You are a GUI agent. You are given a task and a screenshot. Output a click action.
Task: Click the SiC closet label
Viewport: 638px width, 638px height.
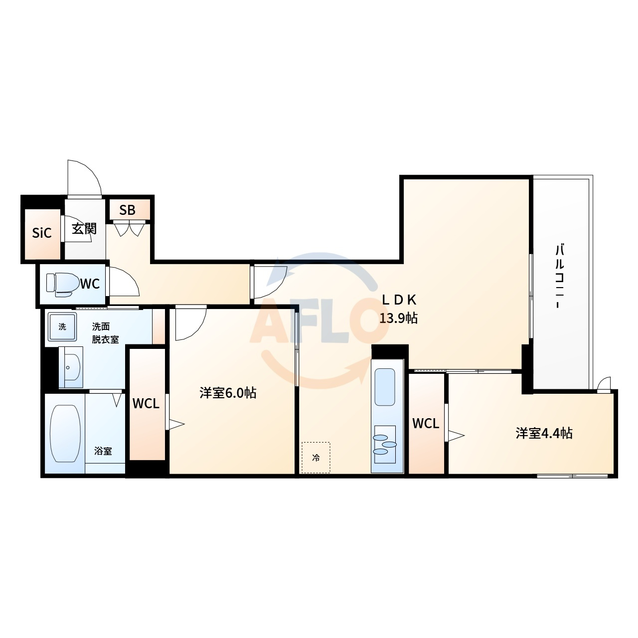point(42,233)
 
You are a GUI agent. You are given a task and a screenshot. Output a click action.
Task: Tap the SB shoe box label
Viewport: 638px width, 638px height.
point(127,210)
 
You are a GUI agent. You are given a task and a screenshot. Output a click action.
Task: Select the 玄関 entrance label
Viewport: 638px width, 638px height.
point(84,228)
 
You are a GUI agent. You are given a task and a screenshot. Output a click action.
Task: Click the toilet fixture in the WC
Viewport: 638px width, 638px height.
point(60,285)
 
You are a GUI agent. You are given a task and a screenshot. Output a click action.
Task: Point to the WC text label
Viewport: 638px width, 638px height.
point(90,284)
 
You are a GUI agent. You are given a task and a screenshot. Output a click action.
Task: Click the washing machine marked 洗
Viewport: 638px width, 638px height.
point(62,327)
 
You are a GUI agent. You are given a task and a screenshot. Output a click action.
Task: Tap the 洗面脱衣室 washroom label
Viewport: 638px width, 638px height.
point(105,333)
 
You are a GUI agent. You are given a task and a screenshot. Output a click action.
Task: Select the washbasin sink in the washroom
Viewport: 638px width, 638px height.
point(71,367)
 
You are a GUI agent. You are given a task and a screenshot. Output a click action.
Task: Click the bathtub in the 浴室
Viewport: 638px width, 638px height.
point(65,433)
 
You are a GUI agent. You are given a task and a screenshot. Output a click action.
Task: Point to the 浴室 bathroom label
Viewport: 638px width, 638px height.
point(103,451)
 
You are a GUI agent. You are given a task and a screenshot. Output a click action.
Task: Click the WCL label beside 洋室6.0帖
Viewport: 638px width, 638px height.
point(146,404)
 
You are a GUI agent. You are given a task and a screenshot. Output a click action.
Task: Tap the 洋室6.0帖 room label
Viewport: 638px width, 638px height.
point(228,393)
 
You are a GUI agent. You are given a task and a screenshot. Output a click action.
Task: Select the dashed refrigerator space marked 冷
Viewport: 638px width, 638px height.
point(316,458)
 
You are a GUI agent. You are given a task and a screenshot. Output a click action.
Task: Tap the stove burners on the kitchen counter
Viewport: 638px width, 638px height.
point(385,444)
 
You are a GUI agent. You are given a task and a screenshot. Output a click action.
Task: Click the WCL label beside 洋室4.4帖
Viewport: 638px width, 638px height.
point(426,424)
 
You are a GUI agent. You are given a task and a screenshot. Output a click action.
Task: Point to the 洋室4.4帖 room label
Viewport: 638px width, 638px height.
point(544,433)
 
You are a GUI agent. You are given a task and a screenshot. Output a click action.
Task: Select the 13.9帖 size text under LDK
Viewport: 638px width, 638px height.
point(398,319)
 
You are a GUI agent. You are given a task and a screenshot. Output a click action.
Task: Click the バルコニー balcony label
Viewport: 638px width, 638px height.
point(560,276)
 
